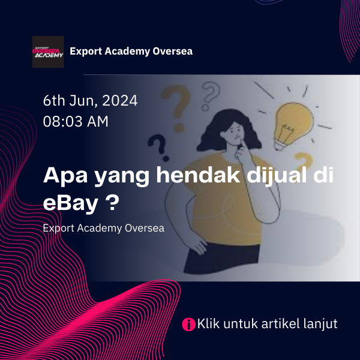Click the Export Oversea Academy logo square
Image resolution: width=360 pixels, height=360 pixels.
point(48,52)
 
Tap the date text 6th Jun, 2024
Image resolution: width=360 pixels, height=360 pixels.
point(90,101)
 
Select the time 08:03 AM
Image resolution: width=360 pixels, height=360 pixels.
point(76,121)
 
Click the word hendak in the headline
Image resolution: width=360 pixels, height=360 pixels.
point(198,175)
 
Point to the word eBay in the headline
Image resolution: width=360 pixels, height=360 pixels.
point(70,203)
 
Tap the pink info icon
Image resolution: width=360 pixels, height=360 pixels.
point(189,324)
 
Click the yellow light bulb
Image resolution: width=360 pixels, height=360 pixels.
point(293,125)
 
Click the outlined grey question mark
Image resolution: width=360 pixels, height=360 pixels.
point(210,96)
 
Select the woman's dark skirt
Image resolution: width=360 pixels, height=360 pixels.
point(222,259)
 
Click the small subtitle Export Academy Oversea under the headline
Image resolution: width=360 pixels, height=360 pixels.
point(104,228)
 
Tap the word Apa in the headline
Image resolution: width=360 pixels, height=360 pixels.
point(65,176)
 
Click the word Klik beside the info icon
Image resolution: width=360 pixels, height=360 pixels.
point(208,323)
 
